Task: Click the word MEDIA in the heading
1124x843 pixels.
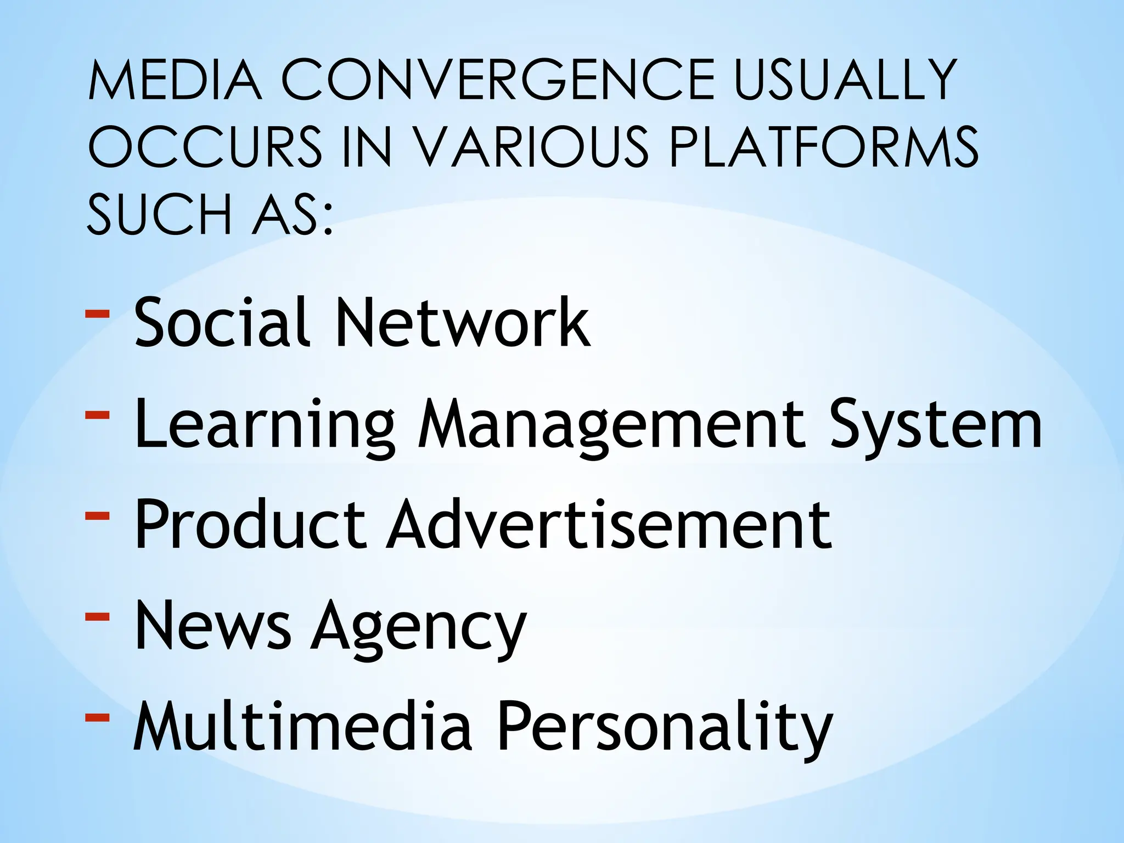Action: tap(175, 81)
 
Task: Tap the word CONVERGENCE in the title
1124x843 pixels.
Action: tap(498, 81)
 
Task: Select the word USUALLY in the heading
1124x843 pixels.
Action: tap(846, 81)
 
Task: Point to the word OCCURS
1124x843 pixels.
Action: tap(205, 147)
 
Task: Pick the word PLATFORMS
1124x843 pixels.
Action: tap(823, 147)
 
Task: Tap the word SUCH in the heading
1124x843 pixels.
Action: tap(159, 215)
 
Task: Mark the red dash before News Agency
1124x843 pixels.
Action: tap(98, 617)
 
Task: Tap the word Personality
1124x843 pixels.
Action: tap(665, 728)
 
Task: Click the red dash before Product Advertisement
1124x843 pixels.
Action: tap(98, 516)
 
